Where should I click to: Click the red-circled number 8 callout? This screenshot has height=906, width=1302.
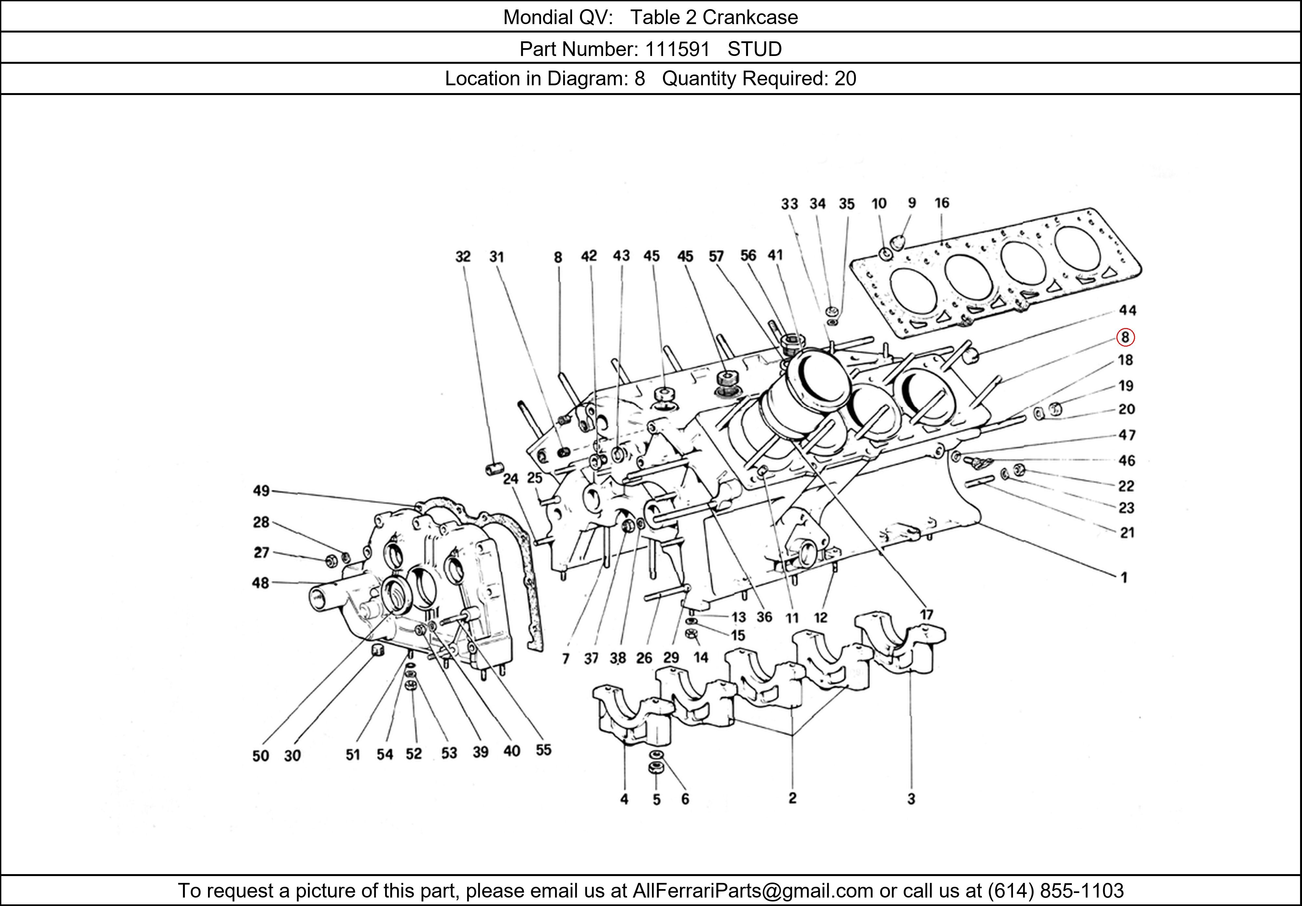click(x=1125, y=337)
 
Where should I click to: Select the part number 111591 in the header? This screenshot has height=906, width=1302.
click(x=678, y=49)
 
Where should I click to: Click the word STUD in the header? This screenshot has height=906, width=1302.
click(x=754, y=49)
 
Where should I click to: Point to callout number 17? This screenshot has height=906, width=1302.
click(x=926, y=615)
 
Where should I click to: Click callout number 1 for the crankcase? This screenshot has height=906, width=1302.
click(x=1124, y=578)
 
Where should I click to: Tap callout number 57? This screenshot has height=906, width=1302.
click(x=716, y=256)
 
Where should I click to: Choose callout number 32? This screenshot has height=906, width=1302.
click(x=463, y=257)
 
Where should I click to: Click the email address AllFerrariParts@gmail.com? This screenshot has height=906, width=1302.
click(x=753, y=891)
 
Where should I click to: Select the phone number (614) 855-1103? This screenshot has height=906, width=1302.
click(x=1055, y=891)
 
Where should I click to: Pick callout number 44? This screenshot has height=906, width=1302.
click(x=1127, y=310)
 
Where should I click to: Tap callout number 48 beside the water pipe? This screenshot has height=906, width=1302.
click(x=260, y=583)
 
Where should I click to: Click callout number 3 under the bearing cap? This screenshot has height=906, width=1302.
click(x=911, y=799)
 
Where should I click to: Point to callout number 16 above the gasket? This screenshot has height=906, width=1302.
click(x=941, y=203)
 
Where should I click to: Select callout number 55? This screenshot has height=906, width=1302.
click(x=543, y=750)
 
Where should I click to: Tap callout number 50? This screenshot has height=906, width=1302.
click(x=260, y=756)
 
